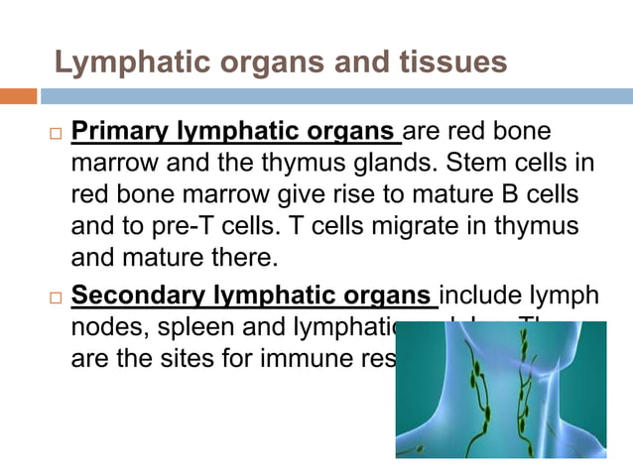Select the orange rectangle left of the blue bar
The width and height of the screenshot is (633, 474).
(18, 97)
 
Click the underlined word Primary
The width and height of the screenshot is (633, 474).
(121, 132)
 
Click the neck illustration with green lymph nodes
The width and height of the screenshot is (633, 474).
(501, 390)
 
